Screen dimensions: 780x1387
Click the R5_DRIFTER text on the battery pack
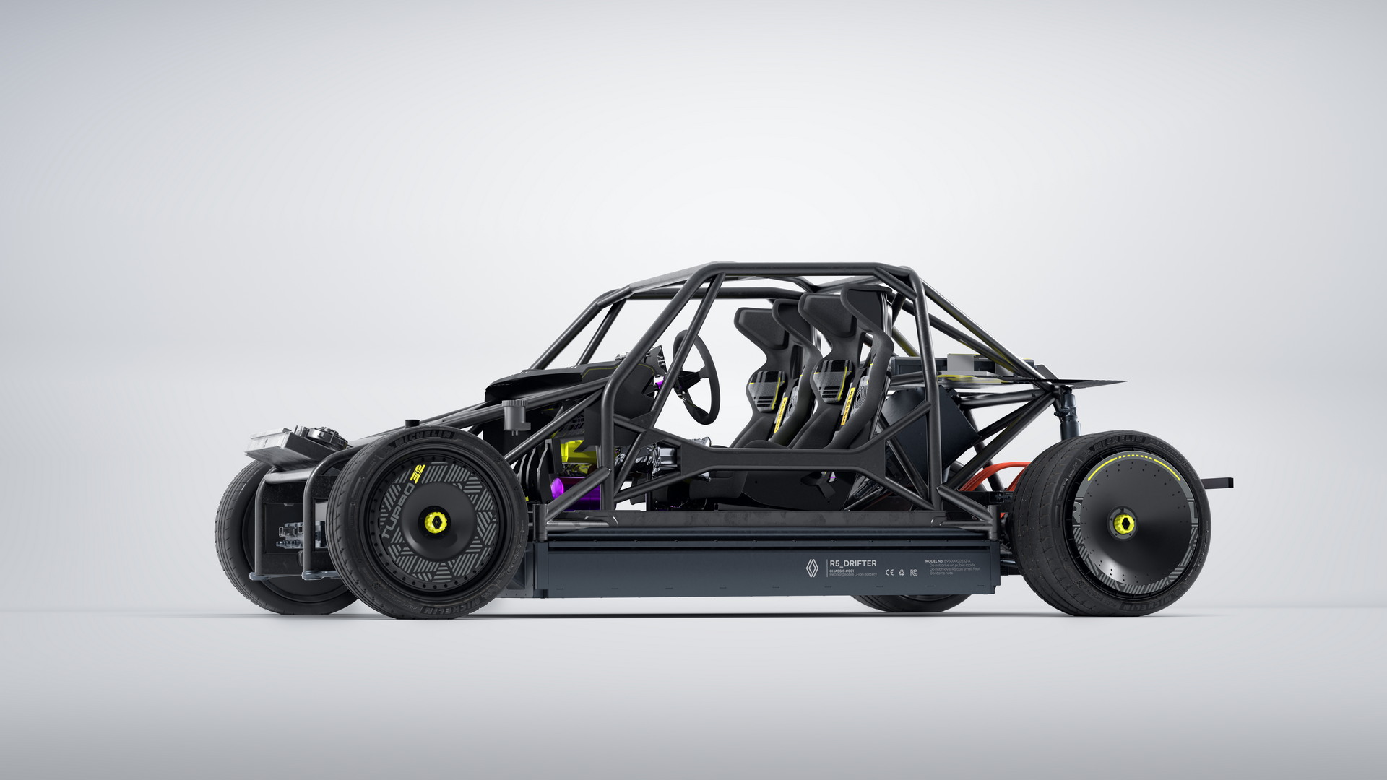point(853,563)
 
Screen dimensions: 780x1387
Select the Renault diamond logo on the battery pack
point(812,568)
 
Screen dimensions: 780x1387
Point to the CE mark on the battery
point(890,573)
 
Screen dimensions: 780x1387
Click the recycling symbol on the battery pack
point(902,573)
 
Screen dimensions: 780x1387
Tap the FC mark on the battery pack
point(914,573)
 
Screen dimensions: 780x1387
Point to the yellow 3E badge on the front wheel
point(418,474)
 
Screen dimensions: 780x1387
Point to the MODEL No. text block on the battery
point(952,566)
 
